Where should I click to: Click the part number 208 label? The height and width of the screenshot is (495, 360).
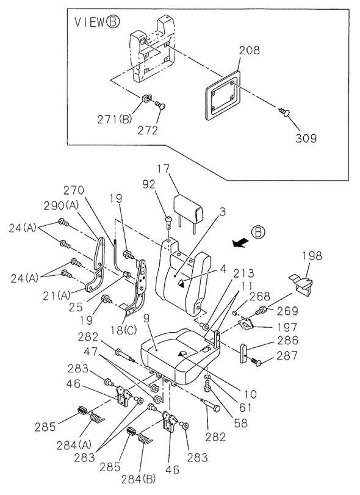point(250,50)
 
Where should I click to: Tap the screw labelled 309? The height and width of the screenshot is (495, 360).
point(284,112)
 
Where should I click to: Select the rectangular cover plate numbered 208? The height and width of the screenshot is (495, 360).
point(223,96)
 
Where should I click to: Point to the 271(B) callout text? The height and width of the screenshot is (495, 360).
point(114,120)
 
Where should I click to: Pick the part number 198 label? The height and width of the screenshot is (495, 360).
point(312,256)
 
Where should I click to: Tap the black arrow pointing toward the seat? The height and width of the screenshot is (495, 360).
point(240,243)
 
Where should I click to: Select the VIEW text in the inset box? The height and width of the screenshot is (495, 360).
point(89,22)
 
